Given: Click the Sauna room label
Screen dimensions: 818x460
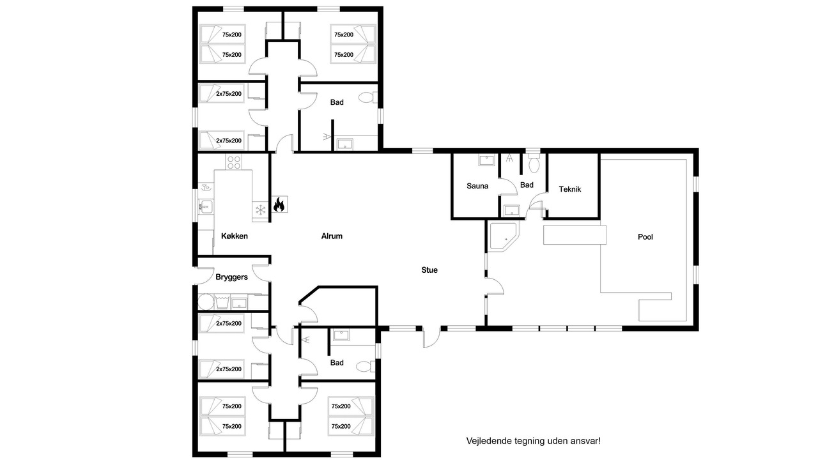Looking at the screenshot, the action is [477, 186].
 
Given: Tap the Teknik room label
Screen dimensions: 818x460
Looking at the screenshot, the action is [569, 189].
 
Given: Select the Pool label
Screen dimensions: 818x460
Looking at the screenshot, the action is [645, 236].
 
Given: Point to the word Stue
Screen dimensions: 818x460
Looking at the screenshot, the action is [429, 270].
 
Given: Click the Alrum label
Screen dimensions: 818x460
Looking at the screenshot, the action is [332, 236].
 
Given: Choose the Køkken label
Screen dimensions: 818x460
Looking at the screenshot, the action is [235, 236].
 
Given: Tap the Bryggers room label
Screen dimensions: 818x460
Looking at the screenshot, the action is [231, 277].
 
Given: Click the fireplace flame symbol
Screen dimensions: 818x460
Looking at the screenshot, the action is [279, 204].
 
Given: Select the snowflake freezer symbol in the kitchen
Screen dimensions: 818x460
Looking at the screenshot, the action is [260, 210].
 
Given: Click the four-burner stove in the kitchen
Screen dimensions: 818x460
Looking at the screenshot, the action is [234, 162].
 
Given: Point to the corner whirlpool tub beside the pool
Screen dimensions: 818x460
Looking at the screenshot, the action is [504, 236].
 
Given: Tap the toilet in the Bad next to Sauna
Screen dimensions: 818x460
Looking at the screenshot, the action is [534, 163].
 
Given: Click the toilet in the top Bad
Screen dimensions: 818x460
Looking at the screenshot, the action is [367, 98].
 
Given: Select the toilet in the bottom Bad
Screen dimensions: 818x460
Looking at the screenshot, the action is [366, 366].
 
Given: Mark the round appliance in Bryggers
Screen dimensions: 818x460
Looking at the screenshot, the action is [205, 302].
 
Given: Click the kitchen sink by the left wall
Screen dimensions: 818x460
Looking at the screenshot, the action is [206, 207].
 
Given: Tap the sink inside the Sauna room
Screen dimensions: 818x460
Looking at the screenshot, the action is [487, 160].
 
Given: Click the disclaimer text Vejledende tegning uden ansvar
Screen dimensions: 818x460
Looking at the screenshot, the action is [533, 441].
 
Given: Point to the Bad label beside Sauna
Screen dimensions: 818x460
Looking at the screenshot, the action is [527, 185].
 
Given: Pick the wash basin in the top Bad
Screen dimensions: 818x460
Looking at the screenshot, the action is [344, 144].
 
